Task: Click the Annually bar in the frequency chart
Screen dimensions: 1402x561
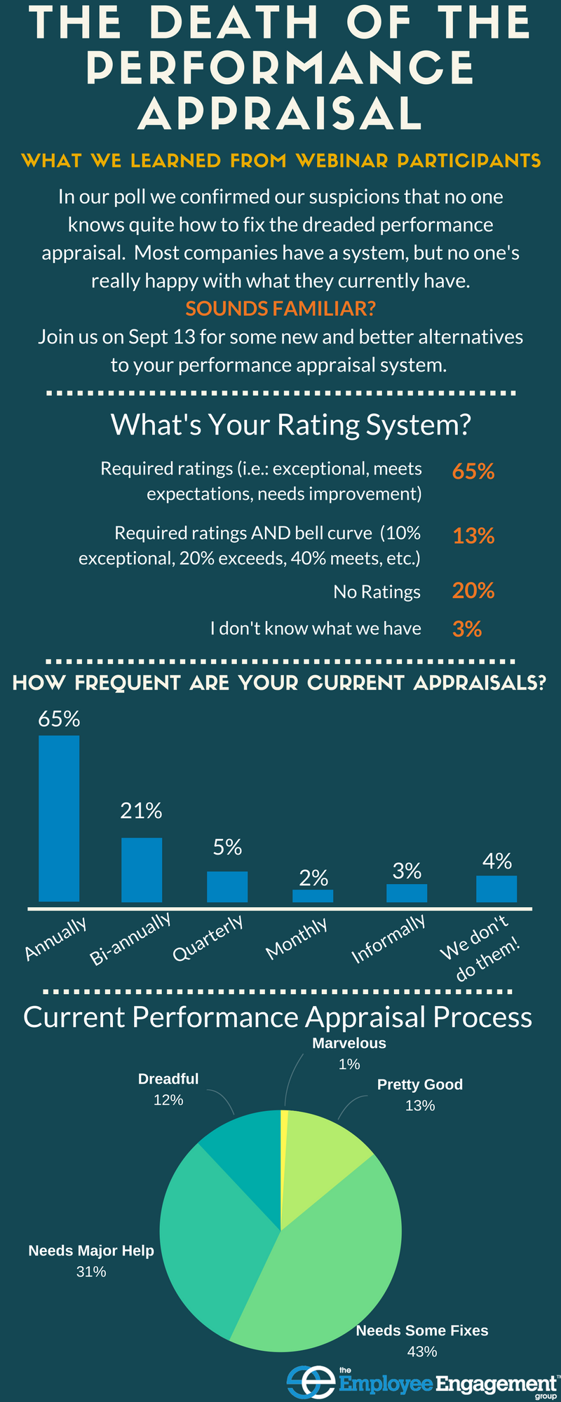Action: tap(59, 818)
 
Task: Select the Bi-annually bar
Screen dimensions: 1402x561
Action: tap(142, 869)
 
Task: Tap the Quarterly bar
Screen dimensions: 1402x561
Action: tap(227, 886)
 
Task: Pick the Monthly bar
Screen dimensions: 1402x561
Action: tap(313, 896)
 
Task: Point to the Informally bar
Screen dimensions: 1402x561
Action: tap(407, 893)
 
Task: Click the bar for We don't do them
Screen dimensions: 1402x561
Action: tap(496, 889)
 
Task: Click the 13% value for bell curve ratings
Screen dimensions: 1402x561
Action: tap(473, 536)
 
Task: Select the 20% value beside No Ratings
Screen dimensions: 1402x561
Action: tap(473, 591)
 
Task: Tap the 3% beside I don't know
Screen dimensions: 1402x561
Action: tap(467, 629)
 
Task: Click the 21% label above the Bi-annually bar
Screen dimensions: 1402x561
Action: tap(141, 811)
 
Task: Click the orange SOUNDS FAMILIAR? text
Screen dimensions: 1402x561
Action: tap(280, 308)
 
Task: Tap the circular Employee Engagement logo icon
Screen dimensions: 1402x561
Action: tap(311, 1380)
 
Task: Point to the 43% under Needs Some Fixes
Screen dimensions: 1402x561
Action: tap(422, 1351)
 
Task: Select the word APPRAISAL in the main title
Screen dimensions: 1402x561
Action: tap(280, 112)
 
